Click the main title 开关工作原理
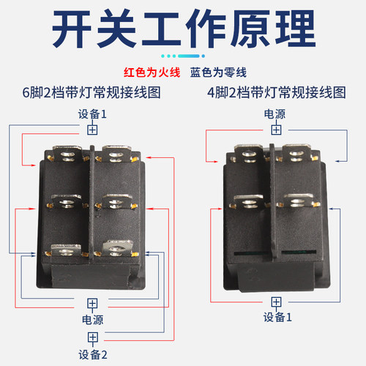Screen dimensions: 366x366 [x=183, y=31]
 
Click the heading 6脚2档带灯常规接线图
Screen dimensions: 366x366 [x=92, y=93]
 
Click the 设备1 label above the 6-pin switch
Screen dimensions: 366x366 [x=92, y=113]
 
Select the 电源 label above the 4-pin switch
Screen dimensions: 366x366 [x=275, y=113]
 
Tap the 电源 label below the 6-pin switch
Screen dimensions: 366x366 [x=92, y=320]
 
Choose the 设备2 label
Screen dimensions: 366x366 [x=92, y=354]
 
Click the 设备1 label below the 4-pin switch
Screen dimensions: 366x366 [x=276, y=318]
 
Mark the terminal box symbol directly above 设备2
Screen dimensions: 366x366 [x=92, y=337]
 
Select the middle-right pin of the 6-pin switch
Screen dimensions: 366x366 [x=116, y=200]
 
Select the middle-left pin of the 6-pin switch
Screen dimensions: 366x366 [x=66, y=200]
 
